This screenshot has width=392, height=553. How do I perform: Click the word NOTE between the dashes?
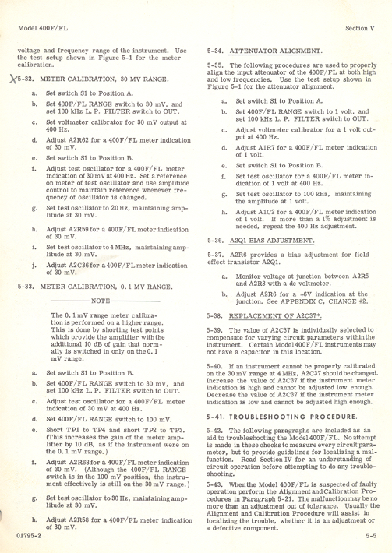pyautogui.click(x=99, y=302)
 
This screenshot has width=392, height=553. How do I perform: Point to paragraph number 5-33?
pyautogui.click(x=25, y=287)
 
